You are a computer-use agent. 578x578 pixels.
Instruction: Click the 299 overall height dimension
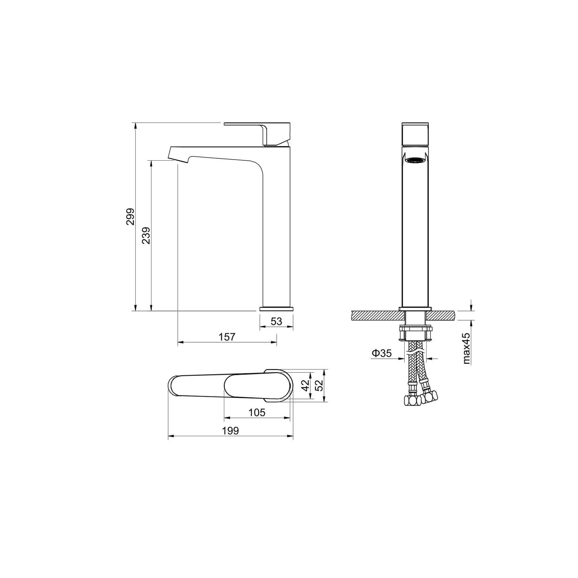pos(131,217)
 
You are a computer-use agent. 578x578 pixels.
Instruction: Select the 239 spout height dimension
pos(146,235)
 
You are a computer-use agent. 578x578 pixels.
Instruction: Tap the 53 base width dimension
pos(276,321)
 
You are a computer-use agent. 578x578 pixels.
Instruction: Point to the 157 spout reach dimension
pos(227,336)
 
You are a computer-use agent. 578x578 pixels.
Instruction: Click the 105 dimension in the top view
pos(257,412)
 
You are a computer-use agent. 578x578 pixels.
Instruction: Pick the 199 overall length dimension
pos(231,431)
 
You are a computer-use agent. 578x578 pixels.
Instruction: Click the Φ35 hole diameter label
pos(381,353)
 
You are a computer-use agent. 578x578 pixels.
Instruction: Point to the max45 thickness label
pos(467,349)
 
